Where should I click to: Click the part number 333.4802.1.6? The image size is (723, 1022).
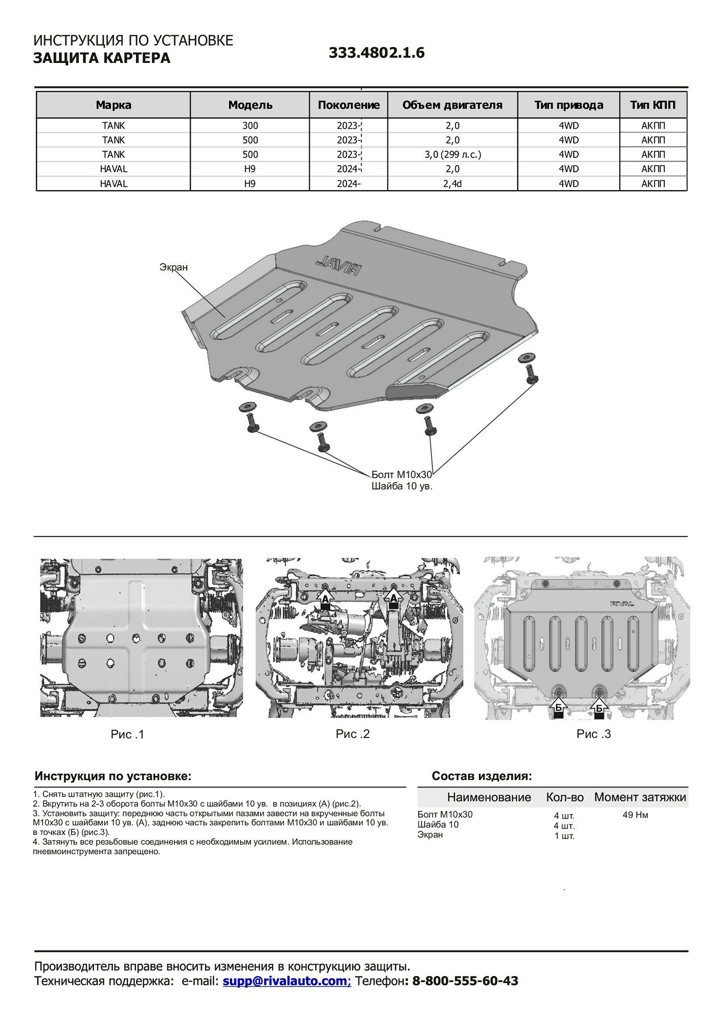click(x=376, y=53)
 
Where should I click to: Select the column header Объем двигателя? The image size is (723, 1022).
click(x=452, y=105)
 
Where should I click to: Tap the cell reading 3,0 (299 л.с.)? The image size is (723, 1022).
click(x=453, y=154)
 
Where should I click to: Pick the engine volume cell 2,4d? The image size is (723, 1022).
click(x=453, y=183)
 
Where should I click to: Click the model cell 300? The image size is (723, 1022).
click(x=250, y=126)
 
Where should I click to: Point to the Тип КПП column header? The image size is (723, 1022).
click(x=652, y=105)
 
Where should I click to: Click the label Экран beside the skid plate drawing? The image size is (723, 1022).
click(x=173, y=267)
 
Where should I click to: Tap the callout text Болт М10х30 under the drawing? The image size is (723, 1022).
click(x=401, y=475)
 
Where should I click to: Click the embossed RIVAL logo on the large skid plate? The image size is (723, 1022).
click(x=338, y=265)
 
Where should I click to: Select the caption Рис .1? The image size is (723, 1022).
click(x=127, y=734)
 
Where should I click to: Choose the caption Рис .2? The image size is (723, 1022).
click(x=352, y=734)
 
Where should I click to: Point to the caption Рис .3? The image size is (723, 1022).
click(x=593, y=734)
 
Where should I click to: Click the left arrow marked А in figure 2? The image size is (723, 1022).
click(x=325, y=600)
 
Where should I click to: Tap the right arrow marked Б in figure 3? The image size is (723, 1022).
click(x=599, y=708)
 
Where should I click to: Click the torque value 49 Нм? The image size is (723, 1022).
click(x=635, y=815)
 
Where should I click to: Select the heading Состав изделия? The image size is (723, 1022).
click(x=482, y=776)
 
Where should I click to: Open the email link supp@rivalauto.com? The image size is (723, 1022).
click(x=286, y=981)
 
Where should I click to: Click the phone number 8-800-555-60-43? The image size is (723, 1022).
click(x=465, y=981)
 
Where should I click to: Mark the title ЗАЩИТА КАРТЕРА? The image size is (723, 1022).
click(x=102, y=58)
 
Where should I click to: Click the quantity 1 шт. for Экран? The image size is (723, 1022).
click(x=564, y=836)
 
